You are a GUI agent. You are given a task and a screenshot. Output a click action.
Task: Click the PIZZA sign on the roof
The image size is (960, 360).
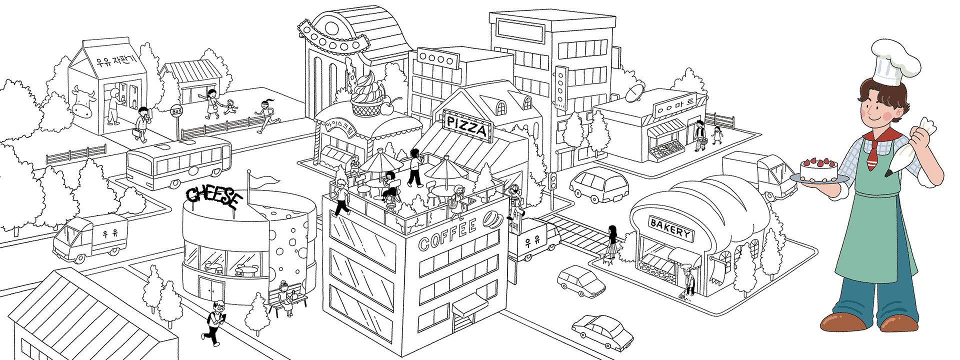pyautogui.click(x=466, y=126)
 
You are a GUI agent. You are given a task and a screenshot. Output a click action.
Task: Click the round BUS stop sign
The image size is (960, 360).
pyautogui.click(x=176, y=111)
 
